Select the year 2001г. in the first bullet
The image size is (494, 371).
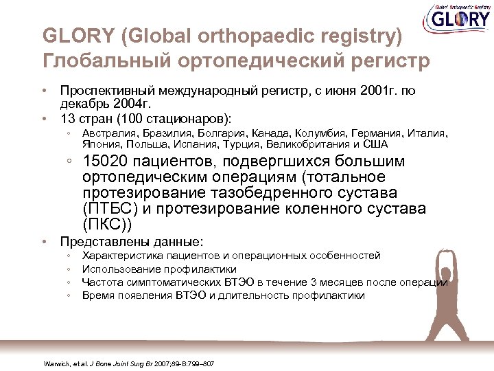383,91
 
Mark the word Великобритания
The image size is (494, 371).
303,144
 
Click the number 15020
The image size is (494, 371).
106,162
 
